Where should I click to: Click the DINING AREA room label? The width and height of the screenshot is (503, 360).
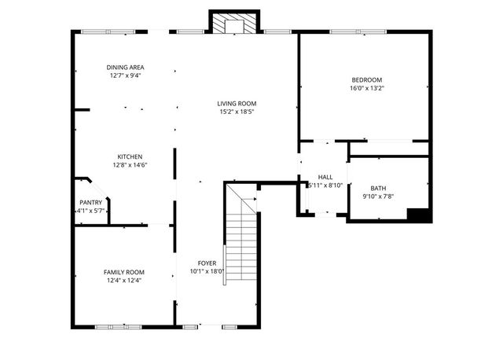click(126, 68)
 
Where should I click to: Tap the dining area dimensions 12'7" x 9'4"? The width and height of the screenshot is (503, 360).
click(126, 76)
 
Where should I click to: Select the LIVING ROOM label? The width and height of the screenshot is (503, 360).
click(237, 104)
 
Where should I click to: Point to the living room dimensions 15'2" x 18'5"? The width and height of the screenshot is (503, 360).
click(237, 112)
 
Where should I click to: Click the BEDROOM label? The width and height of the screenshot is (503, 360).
click(366, 80)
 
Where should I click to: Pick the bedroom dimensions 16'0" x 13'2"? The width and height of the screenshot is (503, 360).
click(366, 89)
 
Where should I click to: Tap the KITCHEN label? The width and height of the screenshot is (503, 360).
click(130, 156)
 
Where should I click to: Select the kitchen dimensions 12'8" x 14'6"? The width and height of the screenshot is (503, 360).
click(130, 165)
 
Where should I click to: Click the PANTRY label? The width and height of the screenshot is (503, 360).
click(90, 202)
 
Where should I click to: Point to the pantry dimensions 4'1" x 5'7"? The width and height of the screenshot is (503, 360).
click(90, 211)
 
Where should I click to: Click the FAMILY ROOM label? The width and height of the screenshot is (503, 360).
click(124, 272)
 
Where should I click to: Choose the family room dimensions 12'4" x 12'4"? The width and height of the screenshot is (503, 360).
click(124, 281)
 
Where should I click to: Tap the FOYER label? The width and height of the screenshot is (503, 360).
click(207, 263)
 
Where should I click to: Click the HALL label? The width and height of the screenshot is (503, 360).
click(325, 177)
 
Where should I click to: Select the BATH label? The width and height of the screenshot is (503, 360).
click(378, 188)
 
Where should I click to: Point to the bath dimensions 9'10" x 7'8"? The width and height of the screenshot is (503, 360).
click(378, 197)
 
